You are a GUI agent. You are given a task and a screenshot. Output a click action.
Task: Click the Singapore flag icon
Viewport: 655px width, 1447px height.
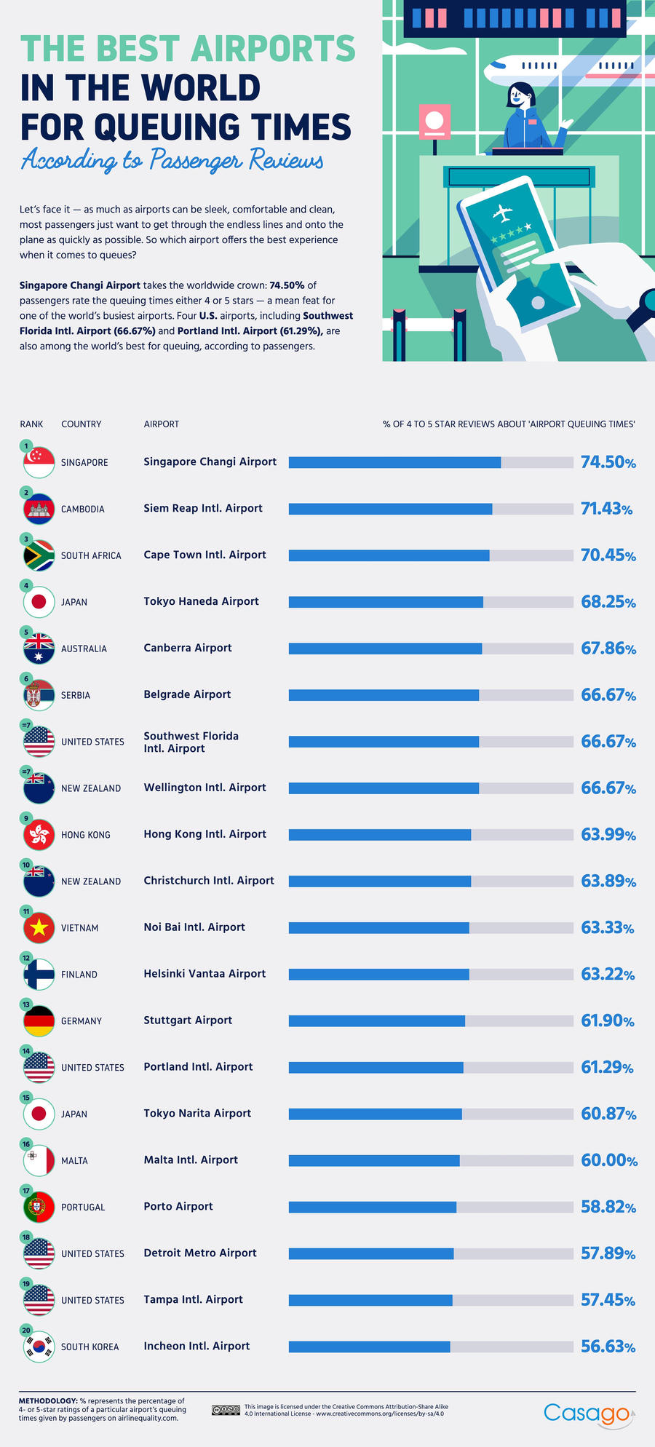point(39,462)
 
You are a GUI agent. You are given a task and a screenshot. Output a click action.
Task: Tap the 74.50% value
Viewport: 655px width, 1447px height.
point(608,462)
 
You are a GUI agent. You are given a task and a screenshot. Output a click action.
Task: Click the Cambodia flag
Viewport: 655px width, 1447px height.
point(39,509)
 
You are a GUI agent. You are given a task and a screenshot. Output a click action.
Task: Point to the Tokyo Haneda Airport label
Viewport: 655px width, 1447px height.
point(201,601)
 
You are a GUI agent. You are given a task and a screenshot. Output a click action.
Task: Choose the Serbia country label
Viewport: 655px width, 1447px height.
point(76,695)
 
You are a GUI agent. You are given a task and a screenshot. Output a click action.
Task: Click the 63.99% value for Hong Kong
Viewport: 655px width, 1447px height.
point(608,834)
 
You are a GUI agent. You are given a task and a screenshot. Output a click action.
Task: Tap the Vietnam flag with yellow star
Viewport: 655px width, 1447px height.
point(39,927)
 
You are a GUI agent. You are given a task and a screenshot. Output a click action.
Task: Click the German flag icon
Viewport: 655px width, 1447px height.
point(39,1020)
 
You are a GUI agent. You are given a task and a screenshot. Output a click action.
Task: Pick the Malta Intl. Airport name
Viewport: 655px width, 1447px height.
point(191,1159)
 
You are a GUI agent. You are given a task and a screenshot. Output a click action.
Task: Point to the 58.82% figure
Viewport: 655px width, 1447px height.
point(608,1207)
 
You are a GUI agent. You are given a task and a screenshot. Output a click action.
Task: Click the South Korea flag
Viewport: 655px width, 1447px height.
point(39,1347)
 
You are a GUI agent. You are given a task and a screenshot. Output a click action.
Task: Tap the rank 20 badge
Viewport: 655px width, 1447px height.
point(26,1331)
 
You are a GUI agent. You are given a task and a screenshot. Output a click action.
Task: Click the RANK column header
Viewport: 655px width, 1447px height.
point(31,424)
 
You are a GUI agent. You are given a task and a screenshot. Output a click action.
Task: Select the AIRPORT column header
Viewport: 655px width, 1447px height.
point(161,424)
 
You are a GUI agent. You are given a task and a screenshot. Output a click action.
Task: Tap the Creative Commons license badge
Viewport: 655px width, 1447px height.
point(226,1410)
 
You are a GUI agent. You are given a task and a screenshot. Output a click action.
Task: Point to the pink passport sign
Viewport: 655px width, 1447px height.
point(434,121)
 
